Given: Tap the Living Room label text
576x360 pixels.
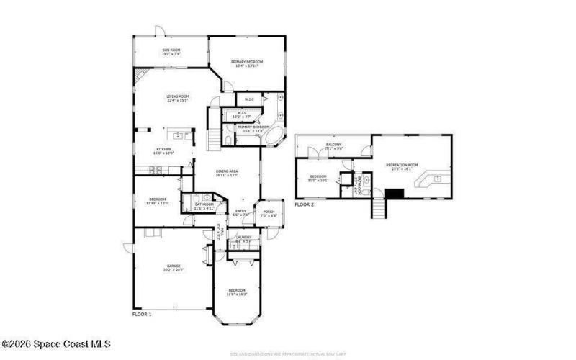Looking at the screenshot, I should pos(177,98).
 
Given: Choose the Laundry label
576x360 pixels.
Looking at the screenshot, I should pos(243,238).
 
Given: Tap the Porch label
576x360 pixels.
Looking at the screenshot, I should pos(268,213).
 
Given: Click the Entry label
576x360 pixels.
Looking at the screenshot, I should pos(241,212).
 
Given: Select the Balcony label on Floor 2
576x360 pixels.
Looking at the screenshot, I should pos(334,146).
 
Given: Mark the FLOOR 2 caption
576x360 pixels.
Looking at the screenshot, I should pos(304,204).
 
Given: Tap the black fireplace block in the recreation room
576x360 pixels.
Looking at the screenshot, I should pos(395,193).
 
